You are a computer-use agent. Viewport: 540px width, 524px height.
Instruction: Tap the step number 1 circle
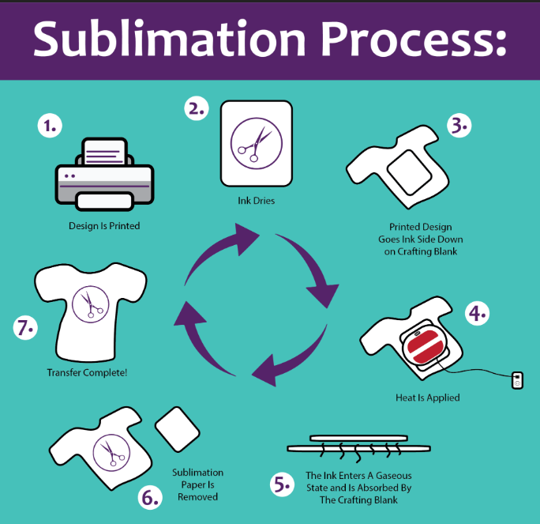point(51,126)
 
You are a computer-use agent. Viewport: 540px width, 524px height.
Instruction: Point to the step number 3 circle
point(459,125)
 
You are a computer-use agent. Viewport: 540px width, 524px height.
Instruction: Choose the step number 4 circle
point(477,313)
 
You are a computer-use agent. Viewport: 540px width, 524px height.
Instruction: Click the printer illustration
point(103,175)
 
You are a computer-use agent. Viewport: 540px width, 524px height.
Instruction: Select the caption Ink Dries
point(255,201)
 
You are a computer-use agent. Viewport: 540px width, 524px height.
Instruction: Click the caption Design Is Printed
point(103,226)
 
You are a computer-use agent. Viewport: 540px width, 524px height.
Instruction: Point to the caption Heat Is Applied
point(426,398)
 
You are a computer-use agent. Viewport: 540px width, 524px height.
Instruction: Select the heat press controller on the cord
point(516,380)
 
